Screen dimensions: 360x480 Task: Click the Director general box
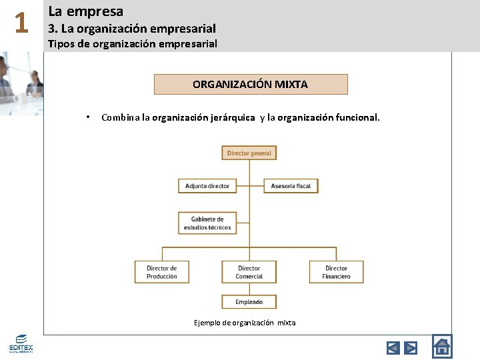point(249,153)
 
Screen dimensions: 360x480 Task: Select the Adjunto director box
point(207,186)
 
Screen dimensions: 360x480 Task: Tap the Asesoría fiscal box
point(291,186)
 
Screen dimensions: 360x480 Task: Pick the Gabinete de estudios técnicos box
point(207,223)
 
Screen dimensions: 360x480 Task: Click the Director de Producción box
point(162,272)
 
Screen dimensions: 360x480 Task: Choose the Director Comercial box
point(249,272)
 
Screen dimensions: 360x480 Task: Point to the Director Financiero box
point(336,272)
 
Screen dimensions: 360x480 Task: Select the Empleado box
point(249,302)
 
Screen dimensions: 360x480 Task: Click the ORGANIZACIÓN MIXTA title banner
point(251,85)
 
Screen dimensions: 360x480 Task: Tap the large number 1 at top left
point(21,24)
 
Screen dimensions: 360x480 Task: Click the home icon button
point(441,346)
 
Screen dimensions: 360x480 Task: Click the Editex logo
point(20,344)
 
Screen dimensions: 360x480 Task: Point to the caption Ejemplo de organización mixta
point(245,323)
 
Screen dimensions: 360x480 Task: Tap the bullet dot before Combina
point(87,118)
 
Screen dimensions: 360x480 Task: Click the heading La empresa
point(86,11)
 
